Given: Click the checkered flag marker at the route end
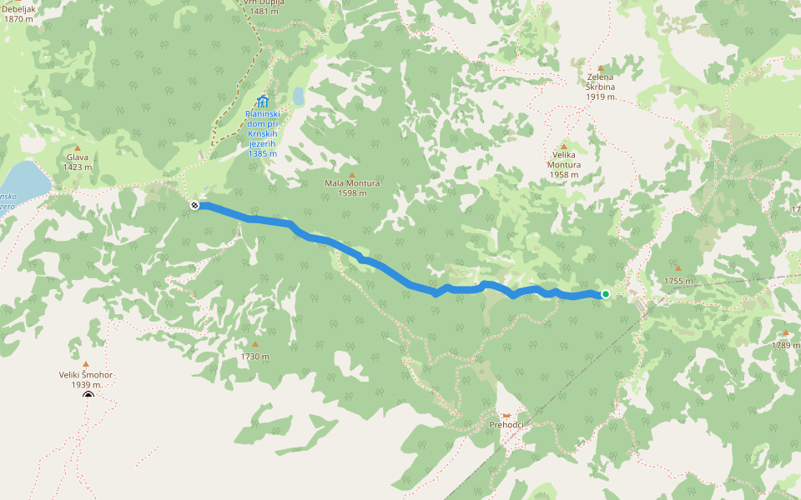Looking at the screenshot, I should click(x=194, y=205).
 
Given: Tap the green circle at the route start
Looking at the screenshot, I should click(x=605, y=294).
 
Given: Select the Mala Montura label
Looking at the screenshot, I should click(x=352, y=183).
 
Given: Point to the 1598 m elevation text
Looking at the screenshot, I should click(x=352, y=193).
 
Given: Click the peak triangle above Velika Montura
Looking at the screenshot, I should click(x=564, y=146).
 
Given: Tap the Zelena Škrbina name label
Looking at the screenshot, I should click(x=601, y=82).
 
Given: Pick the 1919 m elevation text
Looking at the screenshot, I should click(x=601, y=97).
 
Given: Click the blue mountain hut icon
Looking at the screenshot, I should click(x=263, y=102).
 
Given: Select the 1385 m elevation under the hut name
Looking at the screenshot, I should click(x=263, y=154).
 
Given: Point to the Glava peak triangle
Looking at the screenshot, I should click(x=78, y=147).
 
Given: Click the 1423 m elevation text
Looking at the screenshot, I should click(x=78, y=167).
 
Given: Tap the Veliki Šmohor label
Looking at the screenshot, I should click(x=86, y=375).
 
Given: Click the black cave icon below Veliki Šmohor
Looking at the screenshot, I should click(x=88, y=395).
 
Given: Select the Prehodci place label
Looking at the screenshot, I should click(x=506, y=425).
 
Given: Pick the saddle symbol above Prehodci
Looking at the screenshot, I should click(x=506, y=415).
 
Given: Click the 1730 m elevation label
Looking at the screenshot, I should click(x=255, y=357).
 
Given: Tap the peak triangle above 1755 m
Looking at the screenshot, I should click(x=678, y=268).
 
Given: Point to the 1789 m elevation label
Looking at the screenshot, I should click(x=785, y=345).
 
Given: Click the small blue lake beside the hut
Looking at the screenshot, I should click(x=299, y=97).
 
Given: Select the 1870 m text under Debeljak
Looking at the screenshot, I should click(x=18, y=18).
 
